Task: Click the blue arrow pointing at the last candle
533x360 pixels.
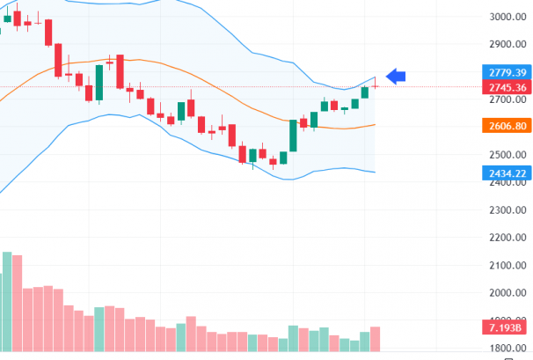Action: [397, 77]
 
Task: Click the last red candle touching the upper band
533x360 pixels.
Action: [376, 84]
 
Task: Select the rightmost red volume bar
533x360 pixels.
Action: [376, 340]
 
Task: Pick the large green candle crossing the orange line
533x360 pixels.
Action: [293, 136]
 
